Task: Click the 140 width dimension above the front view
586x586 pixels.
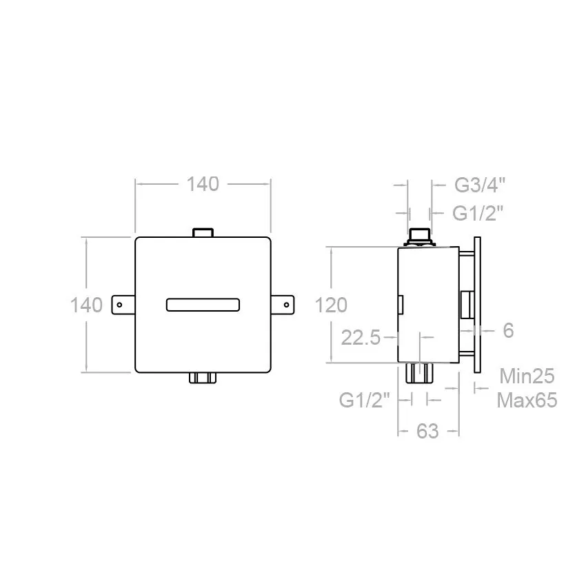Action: pyautogui.click(x=203, y=184)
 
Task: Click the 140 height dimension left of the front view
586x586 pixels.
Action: pyautogui.click(x=86, y=305)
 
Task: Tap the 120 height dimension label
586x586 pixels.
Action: pyautogui.click(x=331, y=305)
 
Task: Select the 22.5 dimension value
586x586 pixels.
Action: pyautogui.click(x=361, y=338)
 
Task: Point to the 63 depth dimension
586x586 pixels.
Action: pyautogui.click(x=427, y=432)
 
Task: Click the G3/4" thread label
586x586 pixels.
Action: pyautogui.click(x=480, y=185)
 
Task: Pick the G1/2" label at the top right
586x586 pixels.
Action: pyautogui.click(x=478, y=214)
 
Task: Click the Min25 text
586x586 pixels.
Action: pyautogui.click(x=527, y=376)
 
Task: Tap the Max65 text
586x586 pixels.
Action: pyautogui.click(x=527, y=401)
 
